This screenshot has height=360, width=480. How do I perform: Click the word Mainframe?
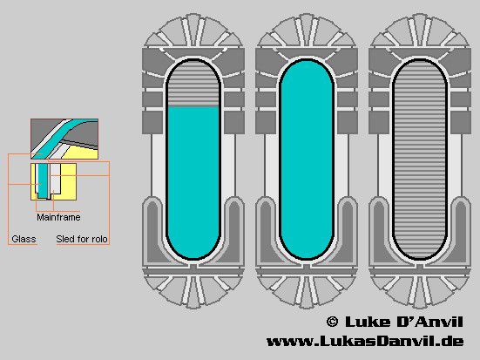pos(58,217)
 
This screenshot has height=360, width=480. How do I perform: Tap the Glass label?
pos(24,239)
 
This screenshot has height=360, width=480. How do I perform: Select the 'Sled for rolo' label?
pos(82,239)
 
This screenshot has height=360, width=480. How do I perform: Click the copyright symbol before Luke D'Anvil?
pos(332,322)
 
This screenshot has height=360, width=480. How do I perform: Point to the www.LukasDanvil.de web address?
pos(365,342)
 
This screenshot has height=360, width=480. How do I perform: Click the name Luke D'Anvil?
pos(404,322)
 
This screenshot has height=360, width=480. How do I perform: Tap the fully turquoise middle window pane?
pos(307,160)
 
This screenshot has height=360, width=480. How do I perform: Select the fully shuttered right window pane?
pos(420,160)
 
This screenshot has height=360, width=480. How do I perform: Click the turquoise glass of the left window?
pos(193,182)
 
